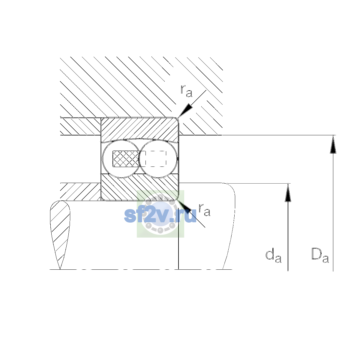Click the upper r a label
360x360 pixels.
pos(186,91)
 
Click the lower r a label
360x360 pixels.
pos(204,210)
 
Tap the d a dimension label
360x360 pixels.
pos(273,255)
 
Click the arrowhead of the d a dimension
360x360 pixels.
pos(288,193)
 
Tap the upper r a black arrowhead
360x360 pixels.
pos(185,110)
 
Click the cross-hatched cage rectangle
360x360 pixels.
pos(126,159)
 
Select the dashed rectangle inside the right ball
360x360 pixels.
pos(156,159)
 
